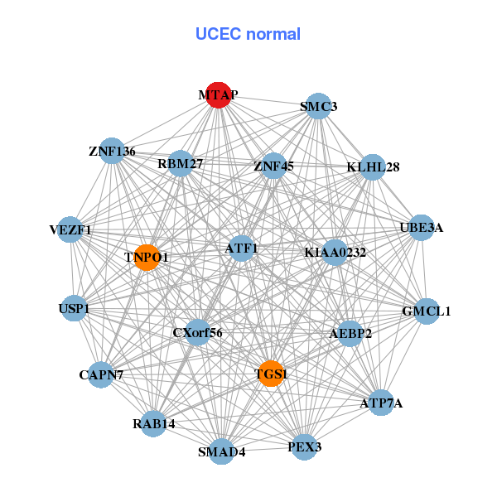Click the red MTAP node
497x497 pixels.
coord(218,95)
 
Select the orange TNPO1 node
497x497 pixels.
coord(147,258)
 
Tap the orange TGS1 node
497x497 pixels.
coord(270,374)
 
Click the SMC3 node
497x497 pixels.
coord(318,107)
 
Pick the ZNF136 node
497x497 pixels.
coord(112,152)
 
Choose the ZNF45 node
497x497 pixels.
coord(273,166)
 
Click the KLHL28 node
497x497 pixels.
coord(373,167)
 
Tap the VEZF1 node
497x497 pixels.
coord(70,229)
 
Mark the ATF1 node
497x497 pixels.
coord(241,248)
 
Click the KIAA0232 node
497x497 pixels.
coord(335,252)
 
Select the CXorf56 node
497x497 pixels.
coord(197,333)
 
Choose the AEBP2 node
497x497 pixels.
coord(350,334)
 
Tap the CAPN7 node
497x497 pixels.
coord(101,375)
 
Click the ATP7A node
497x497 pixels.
coord(381,403)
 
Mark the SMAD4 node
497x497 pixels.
coord(221,451)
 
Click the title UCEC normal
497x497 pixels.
coord(248,34)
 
